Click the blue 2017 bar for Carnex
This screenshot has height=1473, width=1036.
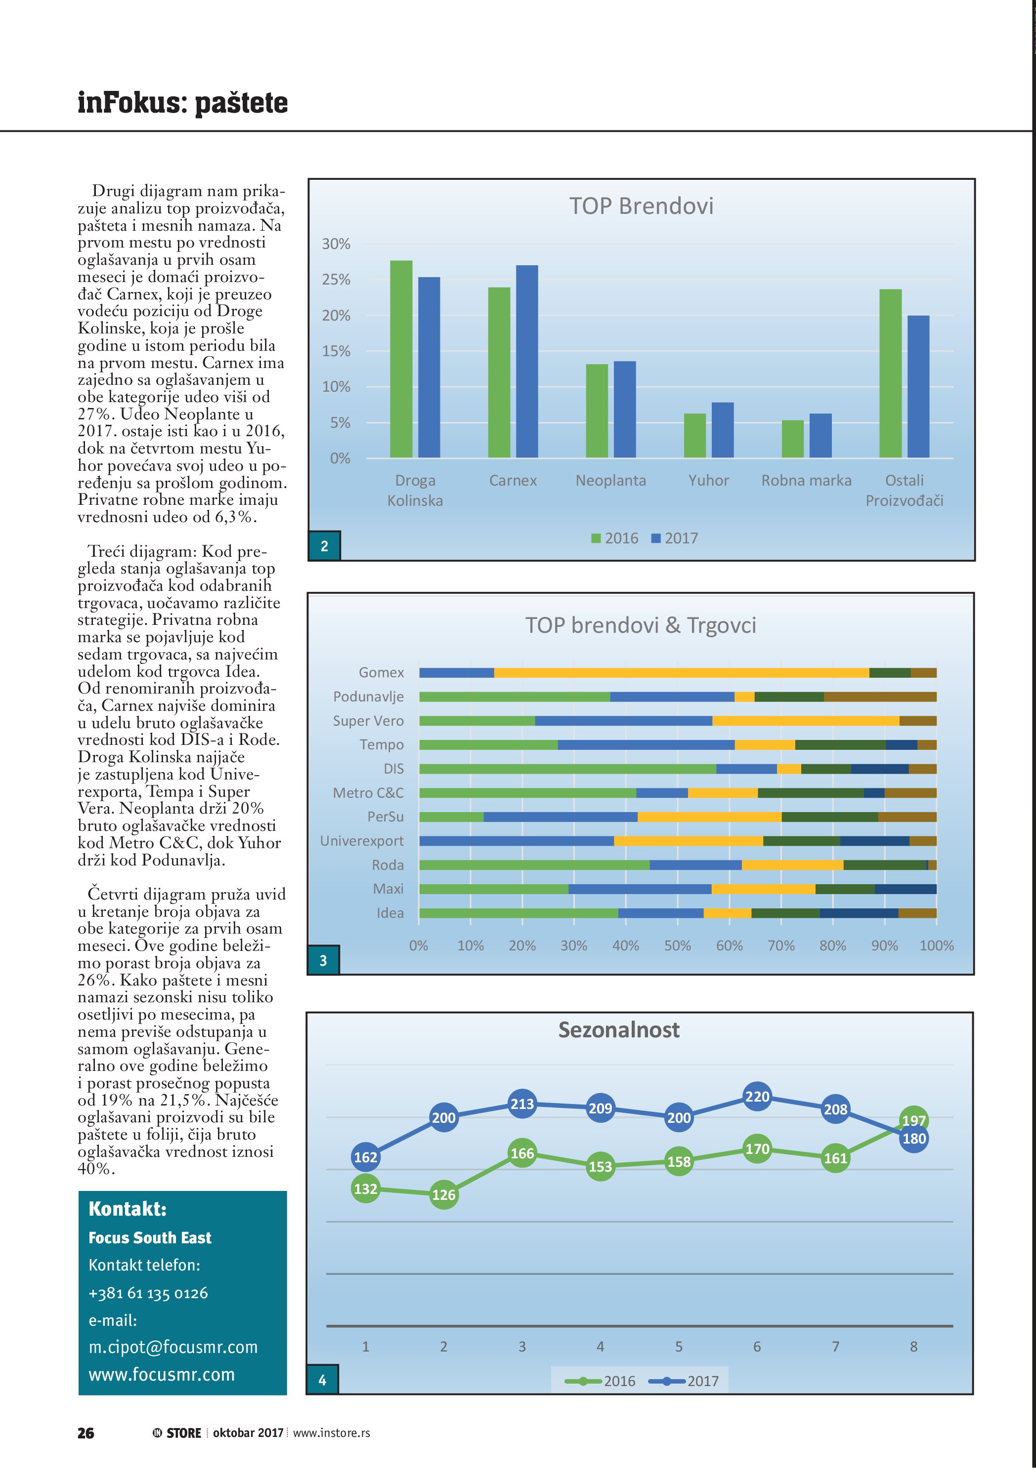point(526,361)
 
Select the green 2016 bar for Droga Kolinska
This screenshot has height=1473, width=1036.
point(401,359)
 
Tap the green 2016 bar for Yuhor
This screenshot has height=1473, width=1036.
point(694,436)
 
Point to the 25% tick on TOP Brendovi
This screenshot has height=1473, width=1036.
point(336,280)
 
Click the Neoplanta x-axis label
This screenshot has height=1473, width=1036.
point(610,481)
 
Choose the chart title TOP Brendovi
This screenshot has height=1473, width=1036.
point(641,206)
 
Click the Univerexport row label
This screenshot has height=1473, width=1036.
point(362,841)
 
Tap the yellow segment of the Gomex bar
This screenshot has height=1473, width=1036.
point(681,672)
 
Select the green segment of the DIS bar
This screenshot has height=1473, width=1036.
point(567,769)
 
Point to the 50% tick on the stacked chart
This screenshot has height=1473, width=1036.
point(677,945)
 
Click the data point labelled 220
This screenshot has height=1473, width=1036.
point(757,1097)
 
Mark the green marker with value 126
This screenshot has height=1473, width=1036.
point(443,1194)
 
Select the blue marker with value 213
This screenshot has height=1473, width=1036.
point(522,1104)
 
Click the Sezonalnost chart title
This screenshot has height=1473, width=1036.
point(619,1030)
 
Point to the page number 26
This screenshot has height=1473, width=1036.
point(86,1432)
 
